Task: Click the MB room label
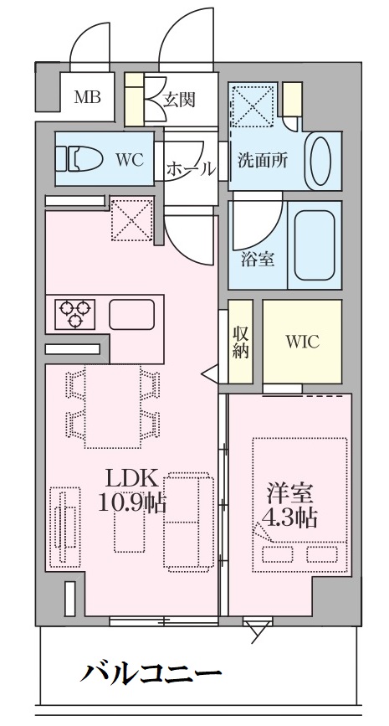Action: (88, 98)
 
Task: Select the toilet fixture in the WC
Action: (79, 159)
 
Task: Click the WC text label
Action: (130, 160)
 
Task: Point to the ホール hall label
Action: (191, 168)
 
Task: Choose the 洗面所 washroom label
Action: (263, 160)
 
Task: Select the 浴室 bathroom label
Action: (258, 260)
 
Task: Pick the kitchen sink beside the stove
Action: (132, 314)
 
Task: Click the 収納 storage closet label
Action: (241, 342)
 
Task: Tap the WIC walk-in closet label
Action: (302, 342)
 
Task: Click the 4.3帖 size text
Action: (289, 518)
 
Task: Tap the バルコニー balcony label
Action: (151, 671)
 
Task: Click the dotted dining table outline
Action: (112, 406)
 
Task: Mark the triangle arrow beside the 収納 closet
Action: (210, 373)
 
